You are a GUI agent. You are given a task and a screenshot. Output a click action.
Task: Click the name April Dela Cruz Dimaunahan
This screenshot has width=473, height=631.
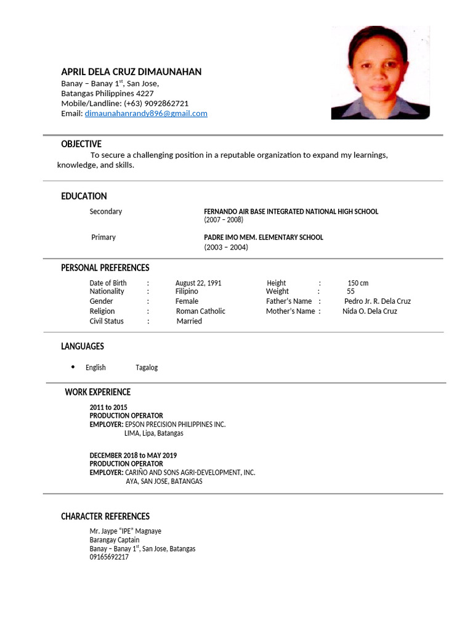pyautogui.click(x=131, y=72)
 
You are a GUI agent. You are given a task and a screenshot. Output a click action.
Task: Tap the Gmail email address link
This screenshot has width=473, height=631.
pyautogui.click(x=146, y=113)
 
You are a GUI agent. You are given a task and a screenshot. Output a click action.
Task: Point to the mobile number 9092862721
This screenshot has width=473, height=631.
pyautogui.click(x=166, y=104)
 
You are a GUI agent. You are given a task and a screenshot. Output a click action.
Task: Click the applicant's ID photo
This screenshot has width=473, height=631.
pyautogui.click(x=380, y=73)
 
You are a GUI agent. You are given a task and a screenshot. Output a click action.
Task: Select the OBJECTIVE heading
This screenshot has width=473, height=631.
pyautogui.click(x=81, y=144)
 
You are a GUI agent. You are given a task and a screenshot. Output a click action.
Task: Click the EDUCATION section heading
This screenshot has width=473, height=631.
pyautogui.click(x=84, y=197)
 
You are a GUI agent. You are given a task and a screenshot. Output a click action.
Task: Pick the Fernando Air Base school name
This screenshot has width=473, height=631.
pyautogui.click(x=291, y=211)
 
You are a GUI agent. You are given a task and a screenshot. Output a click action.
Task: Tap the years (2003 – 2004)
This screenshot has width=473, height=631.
pyautogui.click(x=226, y=247)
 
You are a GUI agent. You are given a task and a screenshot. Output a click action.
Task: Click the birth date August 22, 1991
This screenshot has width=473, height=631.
pyautogui.click(x=198, y=283)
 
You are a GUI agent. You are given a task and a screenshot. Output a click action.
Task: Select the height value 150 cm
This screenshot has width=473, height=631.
pyautogui.click(x=358, y=283)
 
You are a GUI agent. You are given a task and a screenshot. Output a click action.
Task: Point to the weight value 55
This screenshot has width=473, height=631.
pyautogui.click(x=350, y=291)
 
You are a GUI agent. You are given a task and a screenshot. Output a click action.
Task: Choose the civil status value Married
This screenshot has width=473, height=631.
pyautogui.click(x=189, y=321)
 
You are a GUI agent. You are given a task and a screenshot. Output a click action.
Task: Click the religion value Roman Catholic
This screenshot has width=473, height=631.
pyautogui.click(x=200, y=311)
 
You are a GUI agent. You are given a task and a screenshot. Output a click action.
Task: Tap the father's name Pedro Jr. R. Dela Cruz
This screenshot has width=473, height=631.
pyautogui.click(x=377, y=301)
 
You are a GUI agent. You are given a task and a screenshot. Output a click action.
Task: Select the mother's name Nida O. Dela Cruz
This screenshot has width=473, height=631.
pyautogui.click(x=370, y=311)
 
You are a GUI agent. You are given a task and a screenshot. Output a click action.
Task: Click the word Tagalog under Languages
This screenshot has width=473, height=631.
pyautogui.click(x=147, y=367)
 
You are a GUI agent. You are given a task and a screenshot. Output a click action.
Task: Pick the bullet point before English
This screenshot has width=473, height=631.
pyautogui.click(x=73, y=367)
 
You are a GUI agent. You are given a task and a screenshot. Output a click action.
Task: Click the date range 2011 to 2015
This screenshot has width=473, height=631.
pyautogui.click(x=108, y=407)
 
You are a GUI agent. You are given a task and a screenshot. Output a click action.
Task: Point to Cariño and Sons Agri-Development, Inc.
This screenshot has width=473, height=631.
pyautogui.click(x=190, y=473)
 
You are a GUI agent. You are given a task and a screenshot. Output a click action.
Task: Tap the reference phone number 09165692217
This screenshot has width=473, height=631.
pyautogui.click(x=109, y=557)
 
